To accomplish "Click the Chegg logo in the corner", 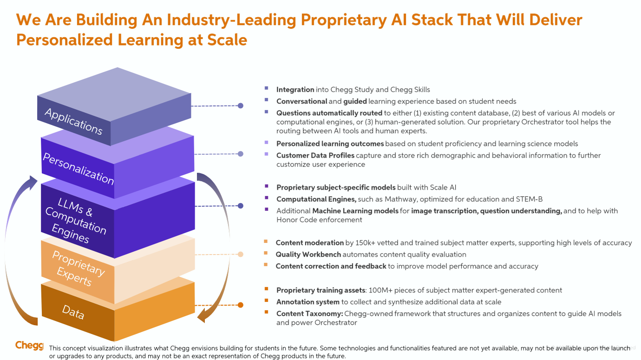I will pyautogui.click(x=29, y=345).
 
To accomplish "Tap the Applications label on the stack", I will pyautogui.click(x=73, y=121).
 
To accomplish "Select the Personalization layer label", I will pyautogui.click(x=78, y=168).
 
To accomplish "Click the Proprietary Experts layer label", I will pyautogui.click(x=77, y=268).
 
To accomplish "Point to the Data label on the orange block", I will pyautogui.click(x=73, y=312).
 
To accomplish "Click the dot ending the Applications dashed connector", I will pyautogui.click(x=240, y=106).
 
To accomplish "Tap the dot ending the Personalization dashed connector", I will pyautogui.click(x=240, y=154).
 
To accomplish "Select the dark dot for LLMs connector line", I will pyautogui.click(x=240, y=206).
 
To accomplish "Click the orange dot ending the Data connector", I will pyautogui.click(x=240, y=305).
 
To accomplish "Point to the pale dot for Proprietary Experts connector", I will pyautogui.click(x=240, y=254).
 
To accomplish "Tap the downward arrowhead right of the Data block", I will pyautogui.click(x=203, y=316).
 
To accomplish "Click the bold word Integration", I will pyautogui.click(x=295, y=90).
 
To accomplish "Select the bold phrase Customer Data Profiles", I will pyautogui.click(x=315, y=156).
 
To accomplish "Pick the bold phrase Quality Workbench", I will pyautogui.click(x=308, y=255).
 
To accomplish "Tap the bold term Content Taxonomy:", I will pyautogui.click(x=309, y=314).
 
